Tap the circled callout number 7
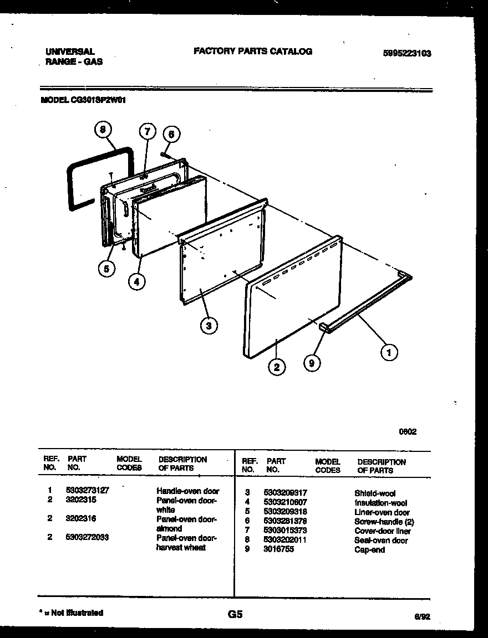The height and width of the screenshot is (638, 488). tap(146, 132)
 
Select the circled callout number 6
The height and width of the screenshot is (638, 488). tap(171, 134)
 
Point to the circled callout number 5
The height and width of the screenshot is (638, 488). tap(107, 269)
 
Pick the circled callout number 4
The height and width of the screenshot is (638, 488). tap(137, 281)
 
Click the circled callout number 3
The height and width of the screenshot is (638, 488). tap(209, 326)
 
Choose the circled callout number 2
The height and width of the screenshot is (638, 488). tap(277, 366)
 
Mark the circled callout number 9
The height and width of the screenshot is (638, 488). tap(313, 363)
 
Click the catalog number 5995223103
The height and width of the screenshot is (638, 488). tap(407, 54)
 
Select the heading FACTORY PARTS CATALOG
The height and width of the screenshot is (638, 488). tap(253, 52)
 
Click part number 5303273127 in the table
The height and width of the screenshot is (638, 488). tap(87, 491)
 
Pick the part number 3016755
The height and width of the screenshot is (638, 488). tap(279, 549)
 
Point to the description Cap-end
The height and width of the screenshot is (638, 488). tap(369, 550)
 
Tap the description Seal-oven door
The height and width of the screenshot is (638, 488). tap(381, 541)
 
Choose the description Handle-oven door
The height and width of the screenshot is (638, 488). tap(187, 491)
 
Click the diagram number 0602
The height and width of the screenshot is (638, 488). tap(408, 432)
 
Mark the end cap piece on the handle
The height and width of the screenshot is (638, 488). tap(324, 328)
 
